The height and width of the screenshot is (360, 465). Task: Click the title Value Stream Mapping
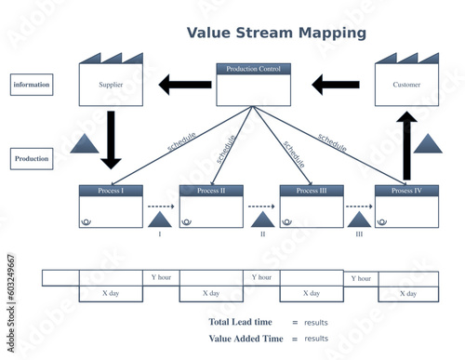click(276, 33)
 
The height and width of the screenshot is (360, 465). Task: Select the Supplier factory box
click(111, 85)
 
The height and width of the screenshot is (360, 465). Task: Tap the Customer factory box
click(406, 85)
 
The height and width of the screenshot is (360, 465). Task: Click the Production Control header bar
click(253, 69)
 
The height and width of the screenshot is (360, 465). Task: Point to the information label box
click(32, 85)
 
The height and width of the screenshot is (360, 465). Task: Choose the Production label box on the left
click(32, 159)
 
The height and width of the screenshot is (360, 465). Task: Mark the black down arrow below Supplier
click(111, 140)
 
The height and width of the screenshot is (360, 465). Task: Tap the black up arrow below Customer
click(406, 145)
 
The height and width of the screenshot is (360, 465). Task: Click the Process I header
click(111, 191)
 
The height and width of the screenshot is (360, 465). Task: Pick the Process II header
click(211, 191)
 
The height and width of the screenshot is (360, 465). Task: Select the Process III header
click(312, 191)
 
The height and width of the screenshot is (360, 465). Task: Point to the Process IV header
click(406, 191)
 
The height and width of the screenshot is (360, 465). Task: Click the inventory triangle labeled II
click(262, 220)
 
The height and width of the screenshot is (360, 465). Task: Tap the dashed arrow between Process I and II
click(161, 207)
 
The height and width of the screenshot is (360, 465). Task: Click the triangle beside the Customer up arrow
click(428, 143)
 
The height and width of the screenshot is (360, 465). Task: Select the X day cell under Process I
click(111, 293)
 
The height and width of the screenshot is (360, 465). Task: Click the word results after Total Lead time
click(316, 322)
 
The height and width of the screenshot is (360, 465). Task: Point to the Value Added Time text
click(246, 339)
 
